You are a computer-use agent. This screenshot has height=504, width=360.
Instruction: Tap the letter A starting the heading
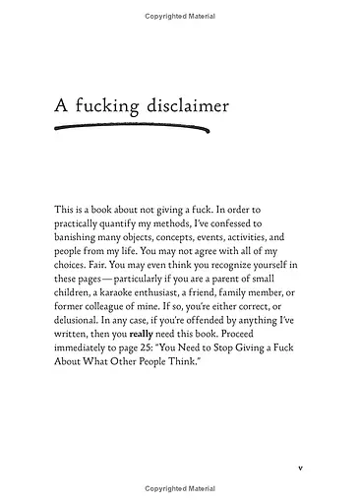[x=60, y=105]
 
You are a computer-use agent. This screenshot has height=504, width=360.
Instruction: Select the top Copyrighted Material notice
[x=180, y=17]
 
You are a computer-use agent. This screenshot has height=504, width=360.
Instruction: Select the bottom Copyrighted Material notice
[x=180, y=488]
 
